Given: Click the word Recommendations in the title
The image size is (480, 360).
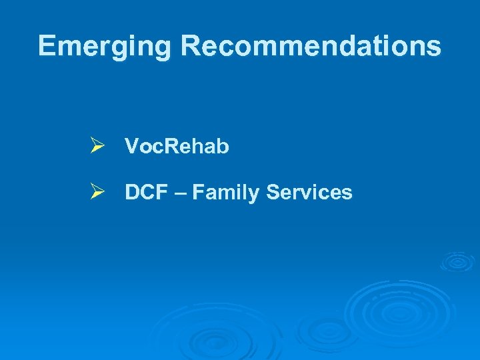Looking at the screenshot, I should click(311, 45).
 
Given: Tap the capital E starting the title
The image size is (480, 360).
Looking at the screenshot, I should click(47, 45).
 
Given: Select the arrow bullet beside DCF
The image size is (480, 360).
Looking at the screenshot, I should click(98, 193).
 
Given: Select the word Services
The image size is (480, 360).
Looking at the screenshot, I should click(309, 193).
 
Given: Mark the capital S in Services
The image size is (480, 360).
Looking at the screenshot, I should click(273, 193).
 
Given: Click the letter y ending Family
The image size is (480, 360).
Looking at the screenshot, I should click(257, 195).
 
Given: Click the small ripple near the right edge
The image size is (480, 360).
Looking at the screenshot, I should click(457, 262).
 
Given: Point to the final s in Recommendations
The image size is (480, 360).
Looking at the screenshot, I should click(434, 48).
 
